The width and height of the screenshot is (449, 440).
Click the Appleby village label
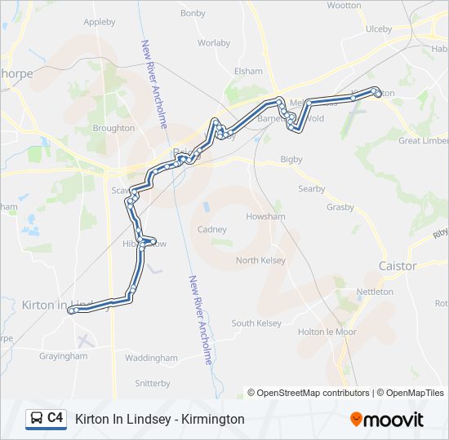click(100, 22)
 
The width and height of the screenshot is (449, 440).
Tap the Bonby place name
click(193, 13)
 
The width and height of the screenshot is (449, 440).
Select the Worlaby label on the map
click(214, 42)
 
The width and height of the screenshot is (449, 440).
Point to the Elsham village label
click(248, 72)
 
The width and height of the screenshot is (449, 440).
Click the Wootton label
click(344, 6)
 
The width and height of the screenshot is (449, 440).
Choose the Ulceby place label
click(379, 29)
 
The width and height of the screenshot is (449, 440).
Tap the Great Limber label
click(423, 140)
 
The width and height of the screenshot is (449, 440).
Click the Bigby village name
click(291, 159)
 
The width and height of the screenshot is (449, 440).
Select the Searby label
click(312, 189)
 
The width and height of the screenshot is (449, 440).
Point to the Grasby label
click(340, 207)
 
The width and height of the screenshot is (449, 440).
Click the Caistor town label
click(398, 266)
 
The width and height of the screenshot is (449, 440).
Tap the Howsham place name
click(265, 217)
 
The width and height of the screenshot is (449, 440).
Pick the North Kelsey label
click(261, 260)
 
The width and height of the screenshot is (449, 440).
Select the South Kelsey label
click(256, 323)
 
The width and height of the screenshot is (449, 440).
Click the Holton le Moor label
click(327, 332)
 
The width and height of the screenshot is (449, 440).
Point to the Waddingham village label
click(151, 358)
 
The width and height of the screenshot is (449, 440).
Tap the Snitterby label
click(153, 382)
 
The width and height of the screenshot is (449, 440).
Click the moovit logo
click(387, 420)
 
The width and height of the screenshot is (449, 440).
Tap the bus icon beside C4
click(37, 419)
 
